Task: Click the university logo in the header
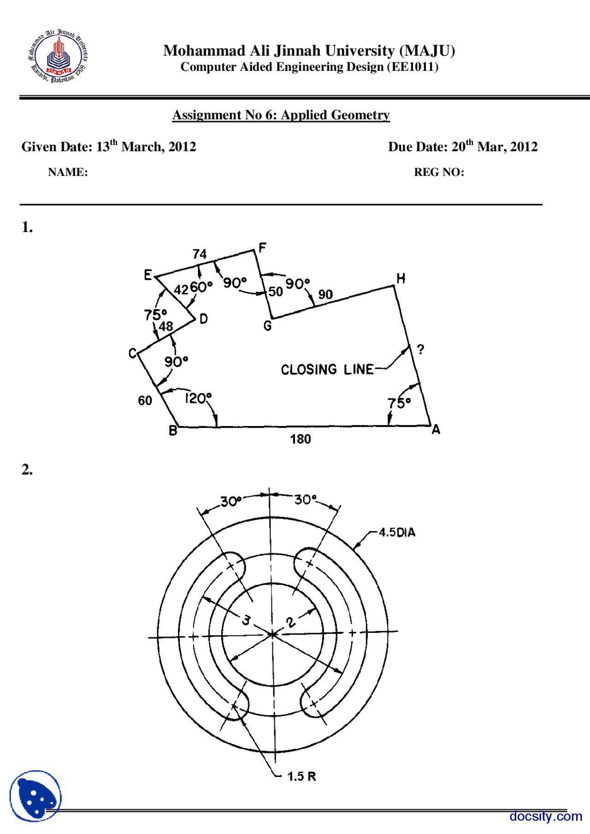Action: coord(58,57)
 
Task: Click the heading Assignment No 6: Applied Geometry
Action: coord(281,115)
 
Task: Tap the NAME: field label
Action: coord(68,172)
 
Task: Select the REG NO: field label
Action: coord(439,172)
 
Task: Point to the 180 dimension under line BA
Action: coord(301,439)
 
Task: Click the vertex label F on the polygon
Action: coord(262,248)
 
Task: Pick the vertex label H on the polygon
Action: coord(401,278)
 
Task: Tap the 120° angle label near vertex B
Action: coord(198,398)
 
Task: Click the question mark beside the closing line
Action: coord(420,350)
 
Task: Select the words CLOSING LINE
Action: coord(327,369)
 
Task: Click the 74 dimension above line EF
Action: coord(200,254)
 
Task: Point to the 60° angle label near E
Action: coord(201,287)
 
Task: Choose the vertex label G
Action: coord(267,326)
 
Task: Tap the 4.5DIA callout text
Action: coord(397,533)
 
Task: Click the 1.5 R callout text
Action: coord(301,776)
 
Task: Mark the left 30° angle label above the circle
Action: coord(230,501)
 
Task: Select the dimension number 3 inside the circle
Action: coord(247,620)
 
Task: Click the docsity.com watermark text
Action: coord(546,816)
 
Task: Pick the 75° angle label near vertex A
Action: coord(399,403)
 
